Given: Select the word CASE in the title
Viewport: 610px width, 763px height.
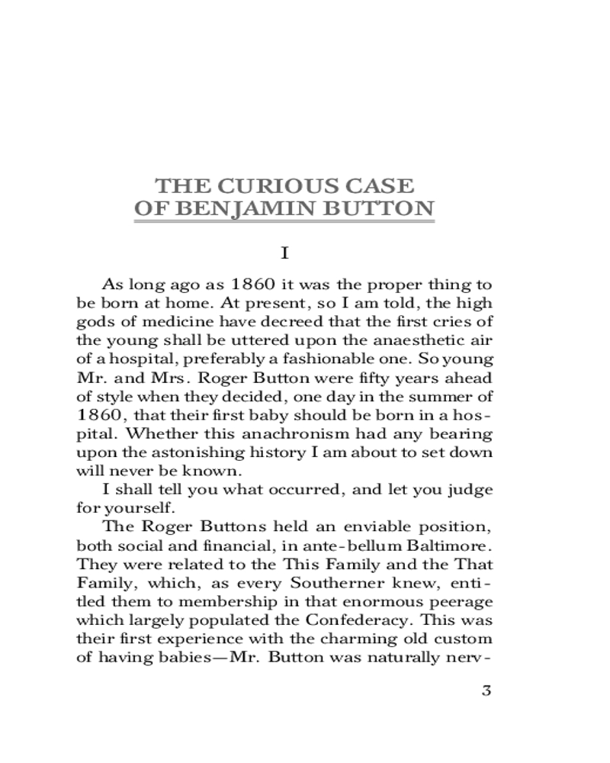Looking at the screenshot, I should click(x=378, y=185).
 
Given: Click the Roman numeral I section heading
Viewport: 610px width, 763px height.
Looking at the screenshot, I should click(x=284, y=252).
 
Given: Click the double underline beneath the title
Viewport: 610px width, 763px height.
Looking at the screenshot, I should click(x=284, y=222).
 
